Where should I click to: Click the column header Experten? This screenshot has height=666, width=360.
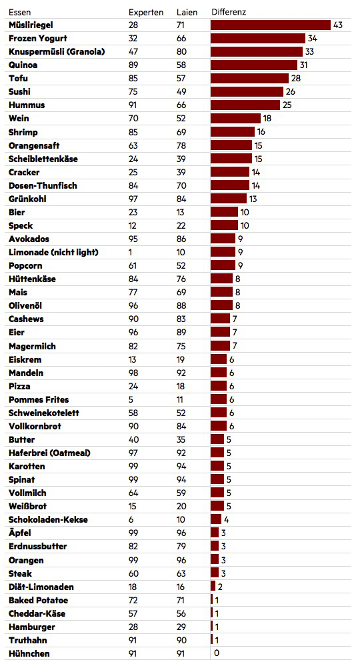[145, 12]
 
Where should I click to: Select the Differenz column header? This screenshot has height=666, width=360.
[229, 12]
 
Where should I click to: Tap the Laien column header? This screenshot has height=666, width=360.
[187, 12]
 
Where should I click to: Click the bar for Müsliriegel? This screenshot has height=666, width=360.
[271, 25]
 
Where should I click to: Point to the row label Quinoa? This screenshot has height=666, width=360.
[23, 65]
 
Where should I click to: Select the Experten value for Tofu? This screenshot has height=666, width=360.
[133, 79]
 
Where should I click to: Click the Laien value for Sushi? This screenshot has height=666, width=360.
[181, 92]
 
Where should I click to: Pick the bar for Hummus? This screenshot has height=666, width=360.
[245, 105]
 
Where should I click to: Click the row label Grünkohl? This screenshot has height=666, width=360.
[27, 199]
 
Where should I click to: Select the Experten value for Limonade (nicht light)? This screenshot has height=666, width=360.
[130, 252]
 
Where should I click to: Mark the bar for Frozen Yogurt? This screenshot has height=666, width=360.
[258, 38]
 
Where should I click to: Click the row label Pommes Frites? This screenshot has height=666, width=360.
[39, 400]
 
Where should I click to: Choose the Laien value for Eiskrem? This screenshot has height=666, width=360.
[181, 360]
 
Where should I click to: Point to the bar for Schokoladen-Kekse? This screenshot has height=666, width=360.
[215, 519]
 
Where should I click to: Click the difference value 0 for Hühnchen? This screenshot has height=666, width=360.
[217, 653]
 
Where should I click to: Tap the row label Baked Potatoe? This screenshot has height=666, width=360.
[38, 600]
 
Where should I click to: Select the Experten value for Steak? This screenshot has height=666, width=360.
[133, 573]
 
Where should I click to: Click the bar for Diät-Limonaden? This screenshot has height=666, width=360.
[213, 587]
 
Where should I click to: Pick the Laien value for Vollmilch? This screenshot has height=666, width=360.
[181, 493]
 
